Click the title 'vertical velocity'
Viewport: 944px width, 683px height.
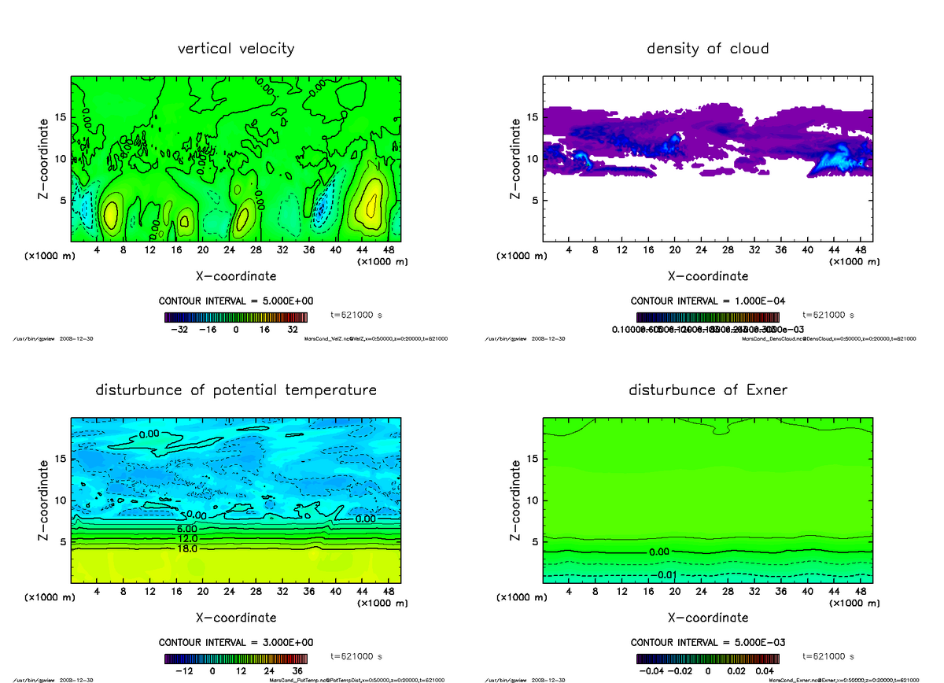pyautogui.click(x=236, y=49)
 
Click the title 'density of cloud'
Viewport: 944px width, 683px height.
pyautogui.click(x=707, y=49)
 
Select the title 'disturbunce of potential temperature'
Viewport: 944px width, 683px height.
pyautogui.click(x=236, y=390)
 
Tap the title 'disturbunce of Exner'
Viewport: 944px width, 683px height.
pyautogui.click(x=707, y=390)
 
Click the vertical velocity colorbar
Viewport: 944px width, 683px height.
pyautogui.click(x=235, y=316)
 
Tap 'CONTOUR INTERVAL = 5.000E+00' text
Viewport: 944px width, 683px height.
pyautogui.click(x=235, y=301)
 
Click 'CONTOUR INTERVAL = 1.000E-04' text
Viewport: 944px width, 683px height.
pyautogui.click(x=707, y=301)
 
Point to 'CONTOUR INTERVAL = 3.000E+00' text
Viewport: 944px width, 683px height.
pyautogui.click(x=235, y=643)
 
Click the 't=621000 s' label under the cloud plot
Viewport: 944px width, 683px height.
pyautogui.click(x=828, y=315)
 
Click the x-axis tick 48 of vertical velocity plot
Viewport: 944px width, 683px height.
pyautogui.click(x=389, y=250)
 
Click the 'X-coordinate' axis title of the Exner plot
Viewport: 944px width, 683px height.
pyautogui.click(x=707, y=618)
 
